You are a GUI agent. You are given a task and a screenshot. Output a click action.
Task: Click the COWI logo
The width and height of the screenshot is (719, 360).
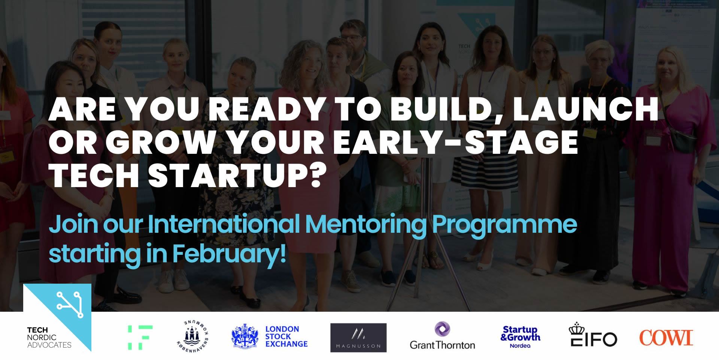[x=666, y=338]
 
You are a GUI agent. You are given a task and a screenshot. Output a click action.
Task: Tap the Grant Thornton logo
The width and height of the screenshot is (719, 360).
[x=442, y=336]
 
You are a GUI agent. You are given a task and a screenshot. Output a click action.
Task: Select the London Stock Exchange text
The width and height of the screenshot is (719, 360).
[x=286, y=336]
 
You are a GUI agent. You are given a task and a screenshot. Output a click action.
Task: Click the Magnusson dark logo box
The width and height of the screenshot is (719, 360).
[x=358, y=338]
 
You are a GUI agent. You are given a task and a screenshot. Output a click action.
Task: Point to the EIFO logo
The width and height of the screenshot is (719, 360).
[x=592, y=335]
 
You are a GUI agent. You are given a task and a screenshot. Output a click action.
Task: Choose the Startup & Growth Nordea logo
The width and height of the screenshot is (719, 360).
[x=520, y=337]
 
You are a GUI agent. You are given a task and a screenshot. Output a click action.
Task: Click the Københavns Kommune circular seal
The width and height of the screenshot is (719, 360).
[x=193, y=335]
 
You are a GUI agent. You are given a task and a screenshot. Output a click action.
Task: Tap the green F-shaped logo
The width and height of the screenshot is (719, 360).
[x=140, y=338]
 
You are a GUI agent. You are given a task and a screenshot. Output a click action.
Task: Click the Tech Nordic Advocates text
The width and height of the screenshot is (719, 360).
[x=49, y=338]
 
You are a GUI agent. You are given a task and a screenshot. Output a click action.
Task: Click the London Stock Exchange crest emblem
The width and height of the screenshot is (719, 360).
[x=245, y=335]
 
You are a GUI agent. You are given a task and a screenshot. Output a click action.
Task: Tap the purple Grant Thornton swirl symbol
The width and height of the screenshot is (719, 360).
[x=442, y=329]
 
